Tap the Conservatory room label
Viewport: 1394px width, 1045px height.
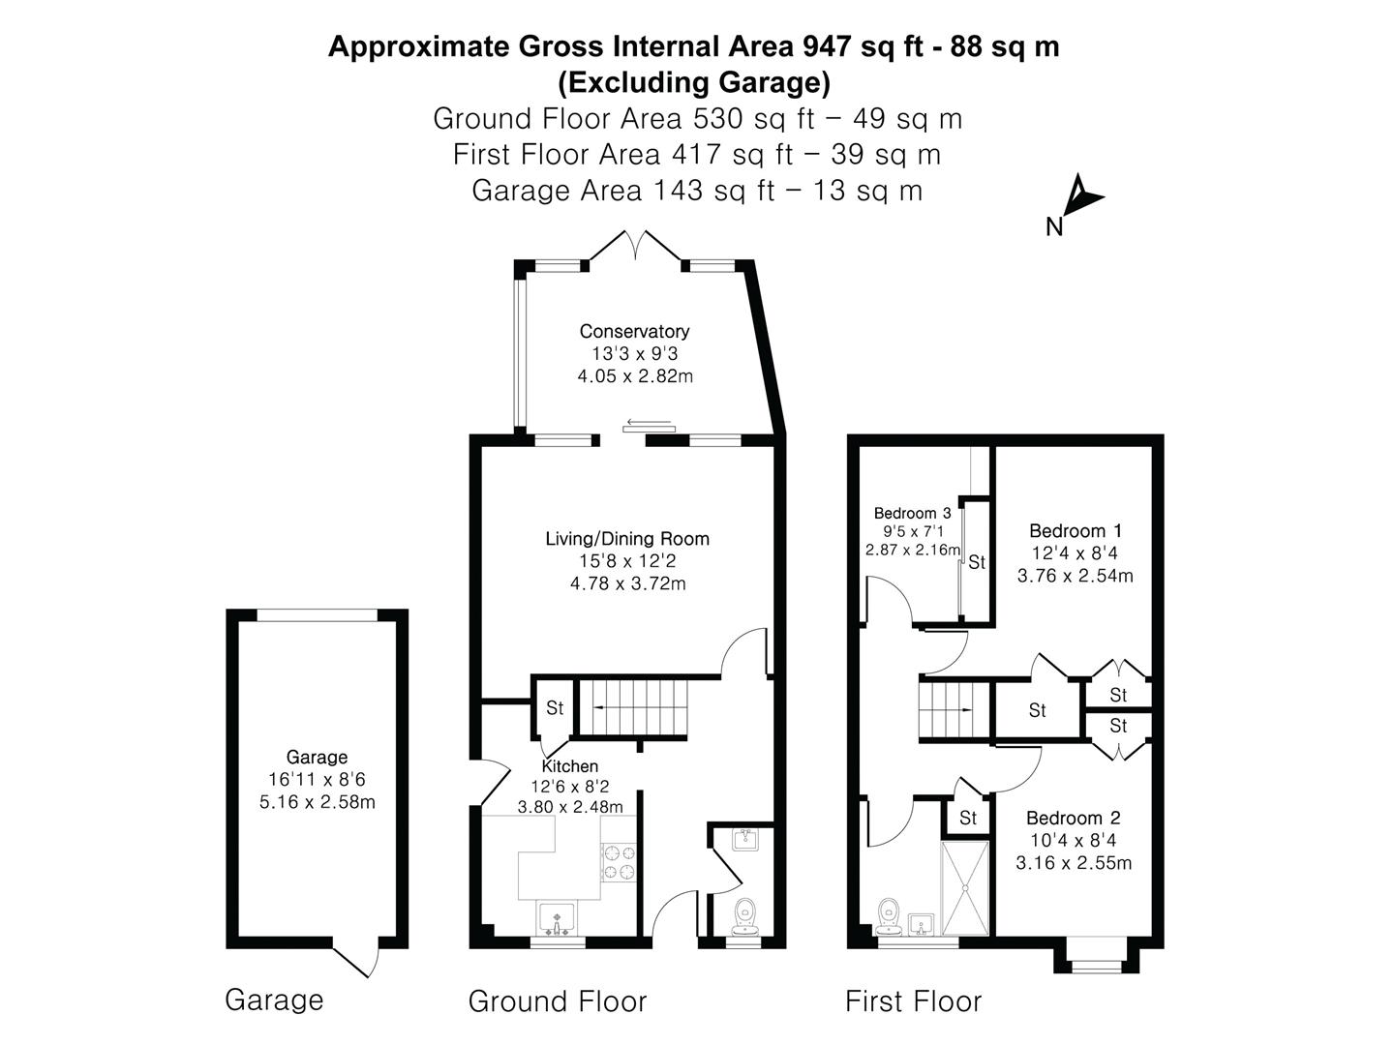point(634,332)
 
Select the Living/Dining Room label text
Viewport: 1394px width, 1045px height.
point(627,539)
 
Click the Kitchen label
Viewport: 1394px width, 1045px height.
point(569,766)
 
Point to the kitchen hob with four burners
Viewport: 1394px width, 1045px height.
point(620,862)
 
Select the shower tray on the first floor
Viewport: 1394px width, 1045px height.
point(964,888)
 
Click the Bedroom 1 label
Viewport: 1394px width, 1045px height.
point(1075,531)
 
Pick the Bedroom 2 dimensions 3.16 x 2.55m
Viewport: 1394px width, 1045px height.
point(1074,863)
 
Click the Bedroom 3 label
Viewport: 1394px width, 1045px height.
point(912,514)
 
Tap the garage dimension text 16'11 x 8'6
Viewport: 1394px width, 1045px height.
point(317,780)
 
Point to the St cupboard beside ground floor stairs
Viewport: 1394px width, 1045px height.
point(555,708)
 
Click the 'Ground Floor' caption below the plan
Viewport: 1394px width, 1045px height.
point(557,1001)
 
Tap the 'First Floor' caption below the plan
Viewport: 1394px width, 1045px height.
point(913,1001)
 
